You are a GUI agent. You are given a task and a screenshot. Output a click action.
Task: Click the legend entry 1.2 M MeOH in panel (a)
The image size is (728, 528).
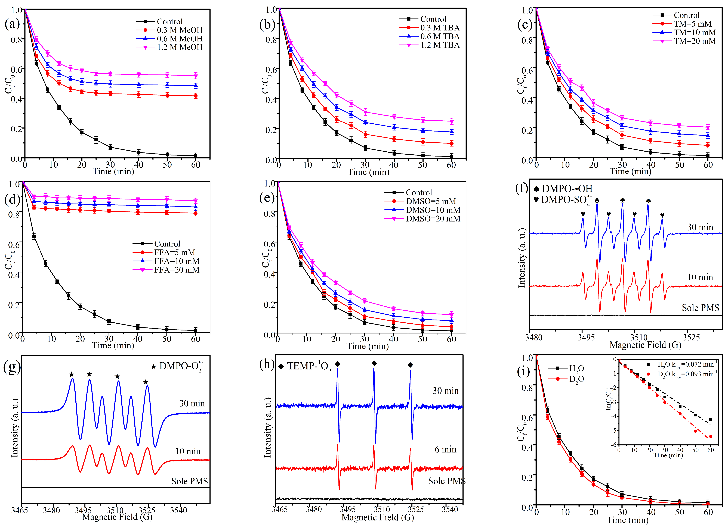tap(179, 47)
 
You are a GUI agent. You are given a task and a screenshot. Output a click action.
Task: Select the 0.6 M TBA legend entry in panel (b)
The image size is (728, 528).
tap(440, 36)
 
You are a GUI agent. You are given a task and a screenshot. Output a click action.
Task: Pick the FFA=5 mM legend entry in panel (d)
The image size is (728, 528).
tap(174, 252)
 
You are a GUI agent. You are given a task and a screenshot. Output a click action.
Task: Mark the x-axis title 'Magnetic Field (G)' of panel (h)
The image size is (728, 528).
tap(378, 517)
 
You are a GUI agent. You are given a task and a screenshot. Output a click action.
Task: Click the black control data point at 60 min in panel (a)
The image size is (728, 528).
tap(196, 156)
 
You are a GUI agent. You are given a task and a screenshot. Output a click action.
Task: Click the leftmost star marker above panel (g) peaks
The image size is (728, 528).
tap(72, 374)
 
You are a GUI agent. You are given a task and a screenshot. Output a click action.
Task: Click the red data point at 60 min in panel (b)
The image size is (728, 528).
tap(452, 143)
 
